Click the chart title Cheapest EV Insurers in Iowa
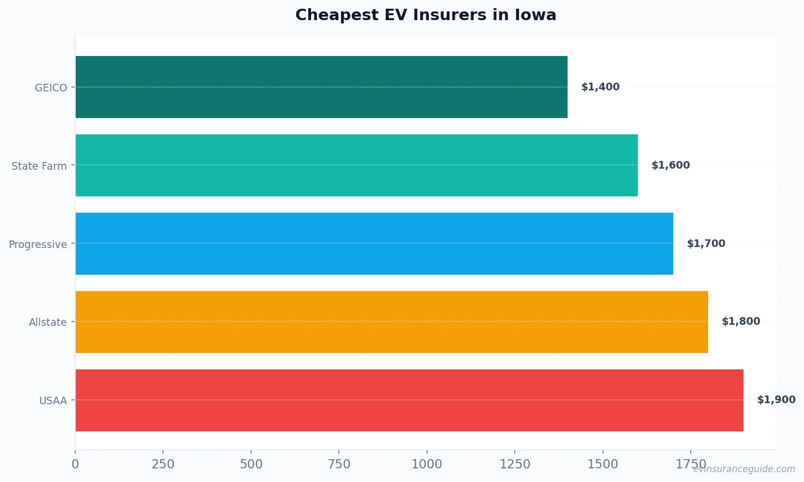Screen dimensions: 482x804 [x=425, y=15]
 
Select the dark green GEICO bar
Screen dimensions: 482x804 [x=321, y=87]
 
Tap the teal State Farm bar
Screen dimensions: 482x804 [x=356, y=165]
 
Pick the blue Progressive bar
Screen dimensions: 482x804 [x=374, y=244]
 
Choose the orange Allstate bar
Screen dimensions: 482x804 [x=392, y=322]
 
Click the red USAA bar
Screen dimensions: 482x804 [x=409, y=400]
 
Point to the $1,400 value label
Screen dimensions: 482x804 [x=600, y=87]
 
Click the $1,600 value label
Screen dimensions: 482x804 [x=671, y=165]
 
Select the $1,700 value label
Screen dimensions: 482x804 [x=706, y=244]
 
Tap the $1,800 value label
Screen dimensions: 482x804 [x=741, y=322]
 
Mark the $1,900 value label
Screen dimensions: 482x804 [x=776, y=400]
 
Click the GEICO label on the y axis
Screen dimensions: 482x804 [x=51, y=88]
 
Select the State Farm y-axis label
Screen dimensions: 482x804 [x=39, y=166]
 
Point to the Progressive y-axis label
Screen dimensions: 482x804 [x=38, y=244]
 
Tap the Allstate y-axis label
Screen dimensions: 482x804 [x=48, y=322]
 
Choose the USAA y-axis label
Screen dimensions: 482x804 [x=53, y=401]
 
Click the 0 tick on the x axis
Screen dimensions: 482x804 [x=75, y=464]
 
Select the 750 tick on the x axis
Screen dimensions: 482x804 [x=339, y=464]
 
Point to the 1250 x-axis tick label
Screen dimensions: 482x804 [x=515, y=464]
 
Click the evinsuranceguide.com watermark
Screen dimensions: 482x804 [x=744, y=469]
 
